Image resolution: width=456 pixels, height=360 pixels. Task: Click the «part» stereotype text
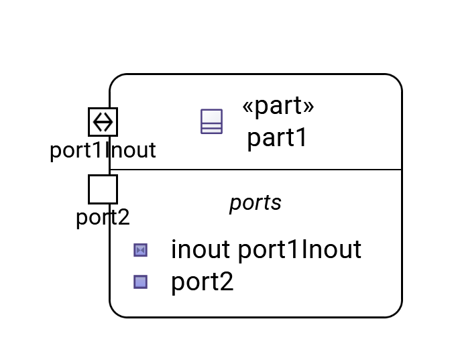(x=278, y=106)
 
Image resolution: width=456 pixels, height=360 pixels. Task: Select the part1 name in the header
(x=277, y=138)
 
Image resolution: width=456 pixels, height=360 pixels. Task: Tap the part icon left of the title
(x=211, y=121)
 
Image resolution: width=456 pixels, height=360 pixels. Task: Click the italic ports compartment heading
(x=255, y=202)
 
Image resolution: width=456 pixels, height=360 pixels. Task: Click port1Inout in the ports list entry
(x=300, y=249)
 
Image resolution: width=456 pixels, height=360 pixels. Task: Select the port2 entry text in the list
(x=203, y=282)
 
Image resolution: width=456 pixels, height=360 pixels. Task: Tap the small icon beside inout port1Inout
(x=140, y=250)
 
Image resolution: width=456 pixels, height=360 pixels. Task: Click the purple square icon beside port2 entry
(x=140, y=282)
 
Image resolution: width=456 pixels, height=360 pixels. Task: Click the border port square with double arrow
(x=103, y=121)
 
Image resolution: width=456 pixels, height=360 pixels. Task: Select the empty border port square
(x=103, y=189)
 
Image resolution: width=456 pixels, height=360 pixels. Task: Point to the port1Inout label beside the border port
(x=103, y=150)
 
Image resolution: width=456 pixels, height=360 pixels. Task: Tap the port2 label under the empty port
(x=103, y=218)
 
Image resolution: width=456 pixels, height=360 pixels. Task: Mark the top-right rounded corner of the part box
(x=396, y=80)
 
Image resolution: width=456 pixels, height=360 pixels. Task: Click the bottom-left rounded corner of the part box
(x=116, y=310)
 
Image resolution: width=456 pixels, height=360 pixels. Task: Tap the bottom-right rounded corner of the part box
(x=396, y=310)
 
